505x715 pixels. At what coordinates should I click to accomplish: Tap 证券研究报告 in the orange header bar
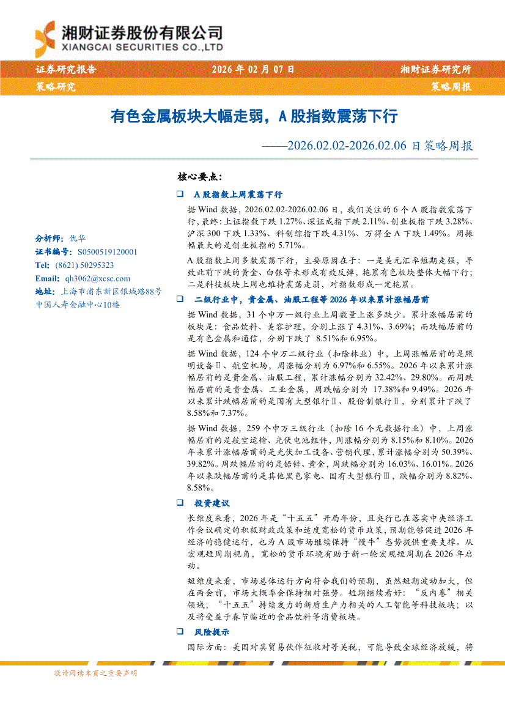pyautogui.click(x=66, y=70)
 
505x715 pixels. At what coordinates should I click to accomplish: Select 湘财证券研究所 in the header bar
pyautogui.click(x=435, y=70)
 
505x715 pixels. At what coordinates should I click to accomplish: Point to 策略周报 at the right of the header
pyautogui.click(x=451, y=87)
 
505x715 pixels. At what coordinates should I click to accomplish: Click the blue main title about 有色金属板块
pyautogui.click(x=254, y=116)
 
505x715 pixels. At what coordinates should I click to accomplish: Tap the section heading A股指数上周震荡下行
pyautogui.click(x=237, y=194)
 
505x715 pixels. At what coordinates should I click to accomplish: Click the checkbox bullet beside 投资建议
pyautogui.click(x=179, y=503)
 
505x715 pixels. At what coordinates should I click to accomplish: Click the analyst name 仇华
pyautogui.click(x=78, y=239)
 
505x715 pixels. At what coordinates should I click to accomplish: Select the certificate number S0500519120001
pyautogui.click(x=108, y=251)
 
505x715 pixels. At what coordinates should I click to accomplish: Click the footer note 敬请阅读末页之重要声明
pyautogui.click(x=95, y=673)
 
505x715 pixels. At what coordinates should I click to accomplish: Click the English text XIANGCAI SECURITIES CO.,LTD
pyautogui.click(x=142, y=47)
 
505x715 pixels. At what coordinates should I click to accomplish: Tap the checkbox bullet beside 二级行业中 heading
pyautogui.click(x=179, y=300)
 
